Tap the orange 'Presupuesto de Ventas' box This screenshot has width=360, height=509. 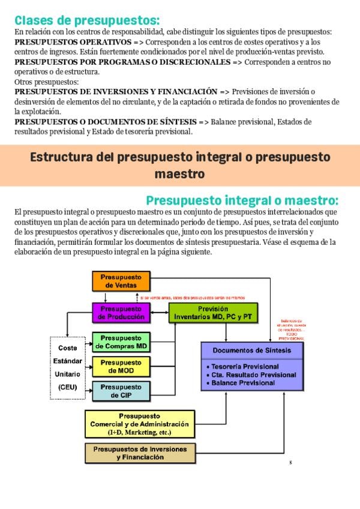point(121,281)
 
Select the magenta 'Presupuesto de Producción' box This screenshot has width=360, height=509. point(121,312)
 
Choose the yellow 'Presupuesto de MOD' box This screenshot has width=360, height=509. point(121,367)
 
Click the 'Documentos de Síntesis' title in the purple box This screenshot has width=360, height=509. point(252,351)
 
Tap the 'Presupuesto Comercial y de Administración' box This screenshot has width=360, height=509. point(140,424)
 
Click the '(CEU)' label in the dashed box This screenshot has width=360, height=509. point(68,387)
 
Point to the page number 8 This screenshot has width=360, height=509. point(290,462)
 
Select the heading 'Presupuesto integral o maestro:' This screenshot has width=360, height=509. point(242,200)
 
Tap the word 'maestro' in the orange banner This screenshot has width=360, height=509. point(179,174)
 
